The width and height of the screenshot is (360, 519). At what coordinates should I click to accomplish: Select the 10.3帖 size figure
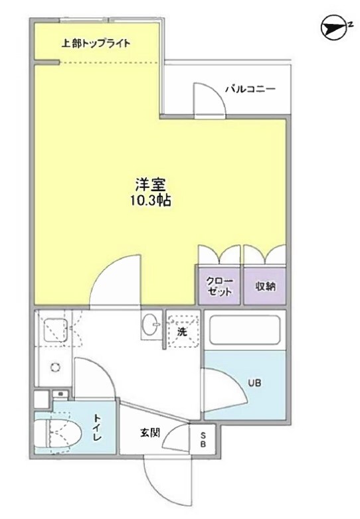click(x=150, y=201)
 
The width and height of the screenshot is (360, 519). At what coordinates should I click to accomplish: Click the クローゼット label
click(x=219, y=286)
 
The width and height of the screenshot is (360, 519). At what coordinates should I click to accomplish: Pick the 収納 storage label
click(x=265, y=286)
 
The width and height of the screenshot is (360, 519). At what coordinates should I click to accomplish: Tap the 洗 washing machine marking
click(x=181, y=331)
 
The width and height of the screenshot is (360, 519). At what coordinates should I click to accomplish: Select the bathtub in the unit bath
click(x=244, y=330)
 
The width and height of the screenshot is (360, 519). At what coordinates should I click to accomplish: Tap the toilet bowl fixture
click(x=57, y=434)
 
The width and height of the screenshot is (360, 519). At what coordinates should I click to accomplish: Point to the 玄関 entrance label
click(x=149, y=433)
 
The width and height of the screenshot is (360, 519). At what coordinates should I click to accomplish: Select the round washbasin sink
click(x=149, y=325)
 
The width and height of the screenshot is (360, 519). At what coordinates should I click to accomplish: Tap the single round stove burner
click(x=54, y=367)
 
